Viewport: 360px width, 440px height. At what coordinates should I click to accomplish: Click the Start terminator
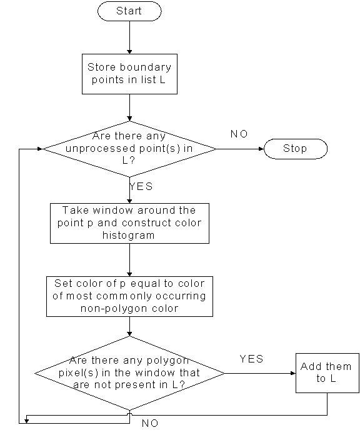click(129, 11)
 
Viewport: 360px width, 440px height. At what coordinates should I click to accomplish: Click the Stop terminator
click(296, 149)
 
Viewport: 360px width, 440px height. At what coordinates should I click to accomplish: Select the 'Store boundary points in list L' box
click(129, 74)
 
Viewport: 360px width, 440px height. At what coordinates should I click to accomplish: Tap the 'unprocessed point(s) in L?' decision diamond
click(129, 149)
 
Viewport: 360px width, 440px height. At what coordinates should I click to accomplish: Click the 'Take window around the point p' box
click(129, 223)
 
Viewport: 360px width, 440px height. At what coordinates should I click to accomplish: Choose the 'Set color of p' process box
click(129, 297)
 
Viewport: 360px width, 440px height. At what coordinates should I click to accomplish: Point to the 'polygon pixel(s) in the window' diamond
click(129, 373)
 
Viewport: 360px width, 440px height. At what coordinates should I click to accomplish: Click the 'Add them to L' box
click(327, 373)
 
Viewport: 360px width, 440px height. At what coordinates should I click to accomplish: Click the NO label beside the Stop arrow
click(239, 134)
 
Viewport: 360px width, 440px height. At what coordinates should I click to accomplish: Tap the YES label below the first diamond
click(141, 186)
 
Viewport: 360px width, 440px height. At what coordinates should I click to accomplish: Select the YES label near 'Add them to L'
click(251, 359)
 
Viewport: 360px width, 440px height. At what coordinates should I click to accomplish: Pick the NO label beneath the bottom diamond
click(150, 423)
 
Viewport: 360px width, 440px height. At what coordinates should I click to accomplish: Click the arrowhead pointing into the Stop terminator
click(261, 149)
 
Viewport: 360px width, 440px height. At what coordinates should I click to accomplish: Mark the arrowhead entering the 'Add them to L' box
click(293, 373)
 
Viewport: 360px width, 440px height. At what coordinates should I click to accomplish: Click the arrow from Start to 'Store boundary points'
click(129, 37)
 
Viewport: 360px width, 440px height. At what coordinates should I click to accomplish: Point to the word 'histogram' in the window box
click(129, 235)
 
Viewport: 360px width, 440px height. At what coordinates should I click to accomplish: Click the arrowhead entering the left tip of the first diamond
click(39, 149)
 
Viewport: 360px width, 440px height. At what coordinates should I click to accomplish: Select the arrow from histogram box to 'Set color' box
click(129, 260)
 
